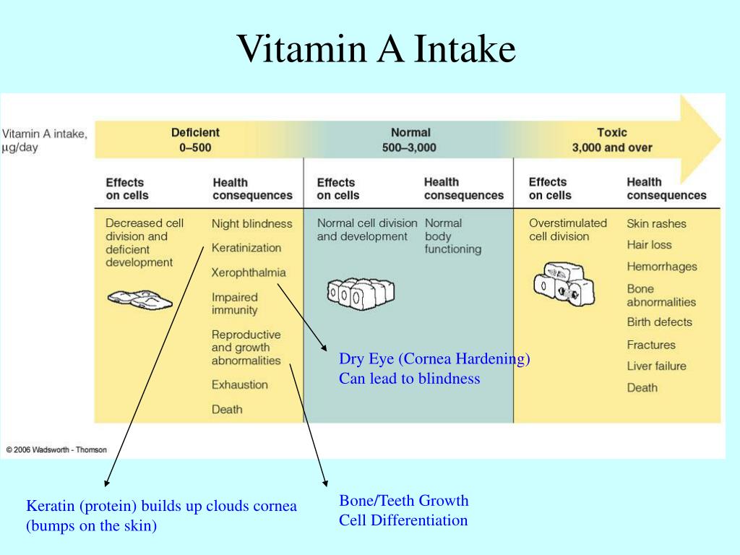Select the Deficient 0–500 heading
click(x=195, y=140)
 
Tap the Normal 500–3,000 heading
click(x=410, y=140)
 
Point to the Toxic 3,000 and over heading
click(x=612, y=140)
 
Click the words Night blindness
click(x=251, y=224)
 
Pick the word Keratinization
click(x=246, y=248)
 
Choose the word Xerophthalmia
click(x=249, y=272)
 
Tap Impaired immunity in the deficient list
click(x=234, y=304)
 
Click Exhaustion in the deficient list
click(x=239, y=384)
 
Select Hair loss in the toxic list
click(x=649, y=245)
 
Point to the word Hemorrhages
click(x=661, y=267)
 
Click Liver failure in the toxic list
click(x=656, y=366)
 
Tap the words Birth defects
click(x=659, y=322)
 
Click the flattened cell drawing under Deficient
click(x=140, y=298)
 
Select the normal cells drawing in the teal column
click(x=359, y=292)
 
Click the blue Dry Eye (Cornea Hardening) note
click(x=434, y=359)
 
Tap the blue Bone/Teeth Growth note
click(x=404, y=500)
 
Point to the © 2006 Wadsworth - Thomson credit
click(x=56, y=449)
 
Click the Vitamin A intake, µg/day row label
click(x=45, y=140)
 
